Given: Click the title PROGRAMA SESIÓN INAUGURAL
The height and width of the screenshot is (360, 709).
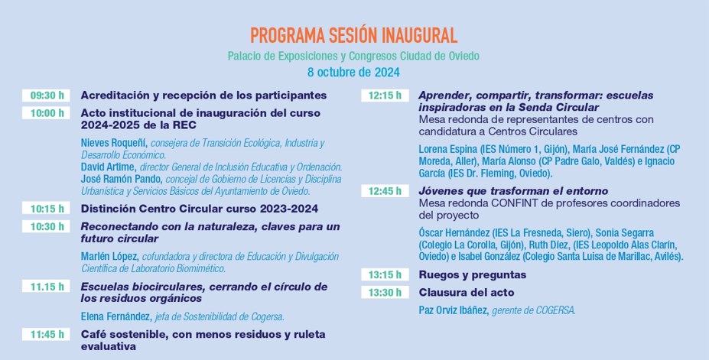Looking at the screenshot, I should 353,35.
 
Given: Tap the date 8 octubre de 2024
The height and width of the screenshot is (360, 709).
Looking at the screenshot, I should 353,73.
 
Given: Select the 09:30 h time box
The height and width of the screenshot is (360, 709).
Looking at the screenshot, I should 47,96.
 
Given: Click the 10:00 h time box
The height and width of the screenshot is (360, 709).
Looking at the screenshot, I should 47,113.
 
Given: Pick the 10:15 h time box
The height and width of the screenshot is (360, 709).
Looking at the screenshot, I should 47,209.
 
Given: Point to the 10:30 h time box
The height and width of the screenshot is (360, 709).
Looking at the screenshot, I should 47,226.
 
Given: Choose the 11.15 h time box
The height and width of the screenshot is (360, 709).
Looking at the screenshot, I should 47,287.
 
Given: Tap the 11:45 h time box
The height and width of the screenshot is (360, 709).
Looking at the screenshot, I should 47,334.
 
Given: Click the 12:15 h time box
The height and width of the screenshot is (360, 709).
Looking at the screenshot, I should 385,96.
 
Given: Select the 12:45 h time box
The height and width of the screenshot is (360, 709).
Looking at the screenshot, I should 385,191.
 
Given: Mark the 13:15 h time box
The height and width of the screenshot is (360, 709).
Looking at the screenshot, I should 385,274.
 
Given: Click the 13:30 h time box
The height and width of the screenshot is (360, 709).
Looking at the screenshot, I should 385,292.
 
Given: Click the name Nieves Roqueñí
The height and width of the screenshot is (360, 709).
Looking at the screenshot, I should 114,143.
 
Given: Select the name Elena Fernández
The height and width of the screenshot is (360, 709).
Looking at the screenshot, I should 115,316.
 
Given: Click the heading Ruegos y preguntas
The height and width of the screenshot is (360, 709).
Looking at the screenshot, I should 472,274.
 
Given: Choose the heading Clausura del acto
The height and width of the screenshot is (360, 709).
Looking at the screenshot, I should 466,292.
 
